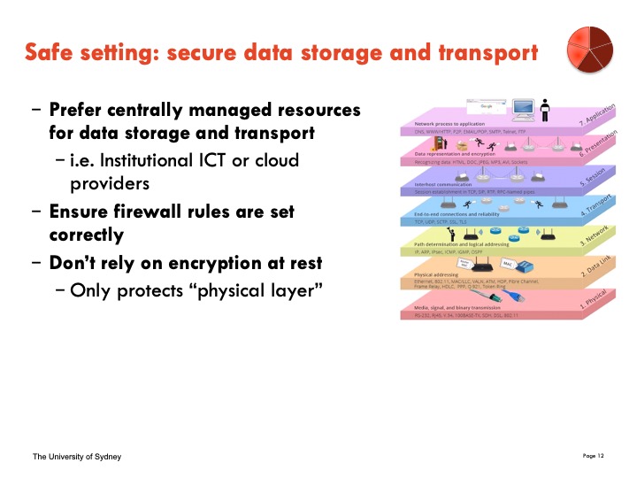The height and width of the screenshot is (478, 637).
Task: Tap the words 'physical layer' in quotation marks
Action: [277, 290]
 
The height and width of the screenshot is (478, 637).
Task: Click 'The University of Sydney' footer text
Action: [77, 457]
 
